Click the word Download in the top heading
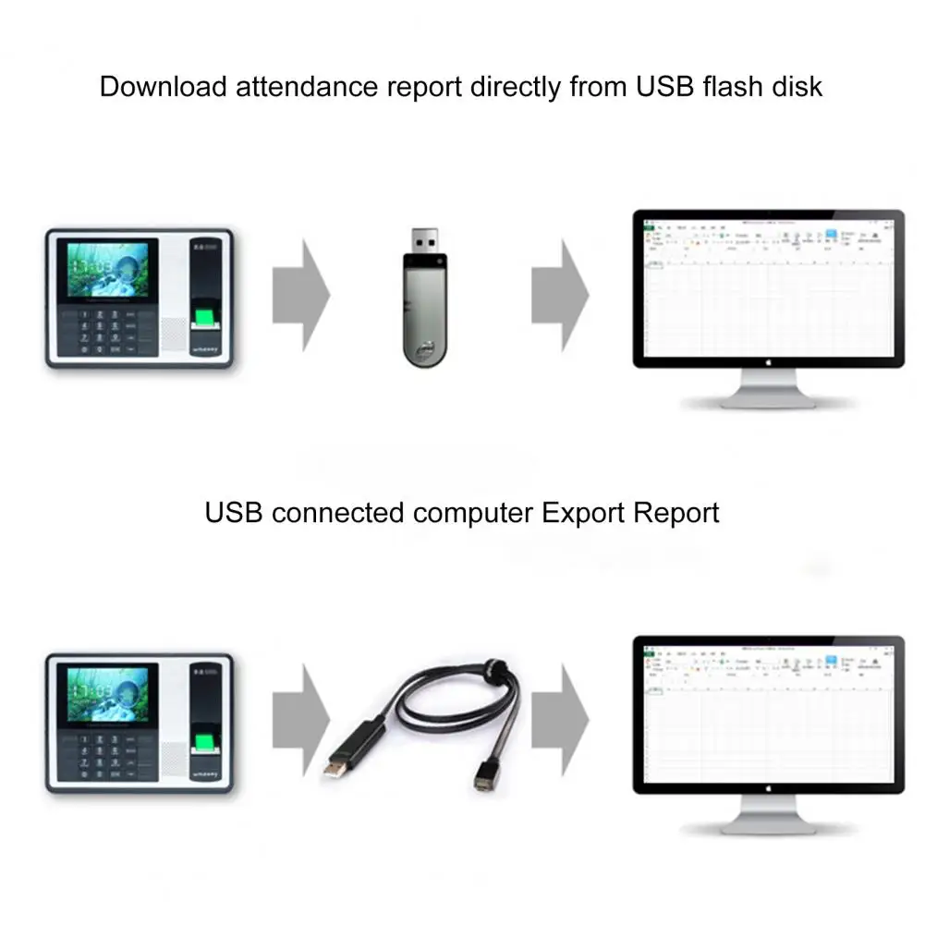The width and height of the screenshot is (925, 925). point(163,87)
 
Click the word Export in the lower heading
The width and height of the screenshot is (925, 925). point(584,512)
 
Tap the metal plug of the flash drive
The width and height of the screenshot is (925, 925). point(424,243)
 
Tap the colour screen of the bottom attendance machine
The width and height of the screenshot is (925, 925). point(103,693)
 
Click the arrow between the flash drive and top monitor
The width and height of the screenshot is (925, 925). point(561,295)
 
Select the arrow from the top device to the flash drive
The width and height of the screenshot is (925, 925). point(301,295)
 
